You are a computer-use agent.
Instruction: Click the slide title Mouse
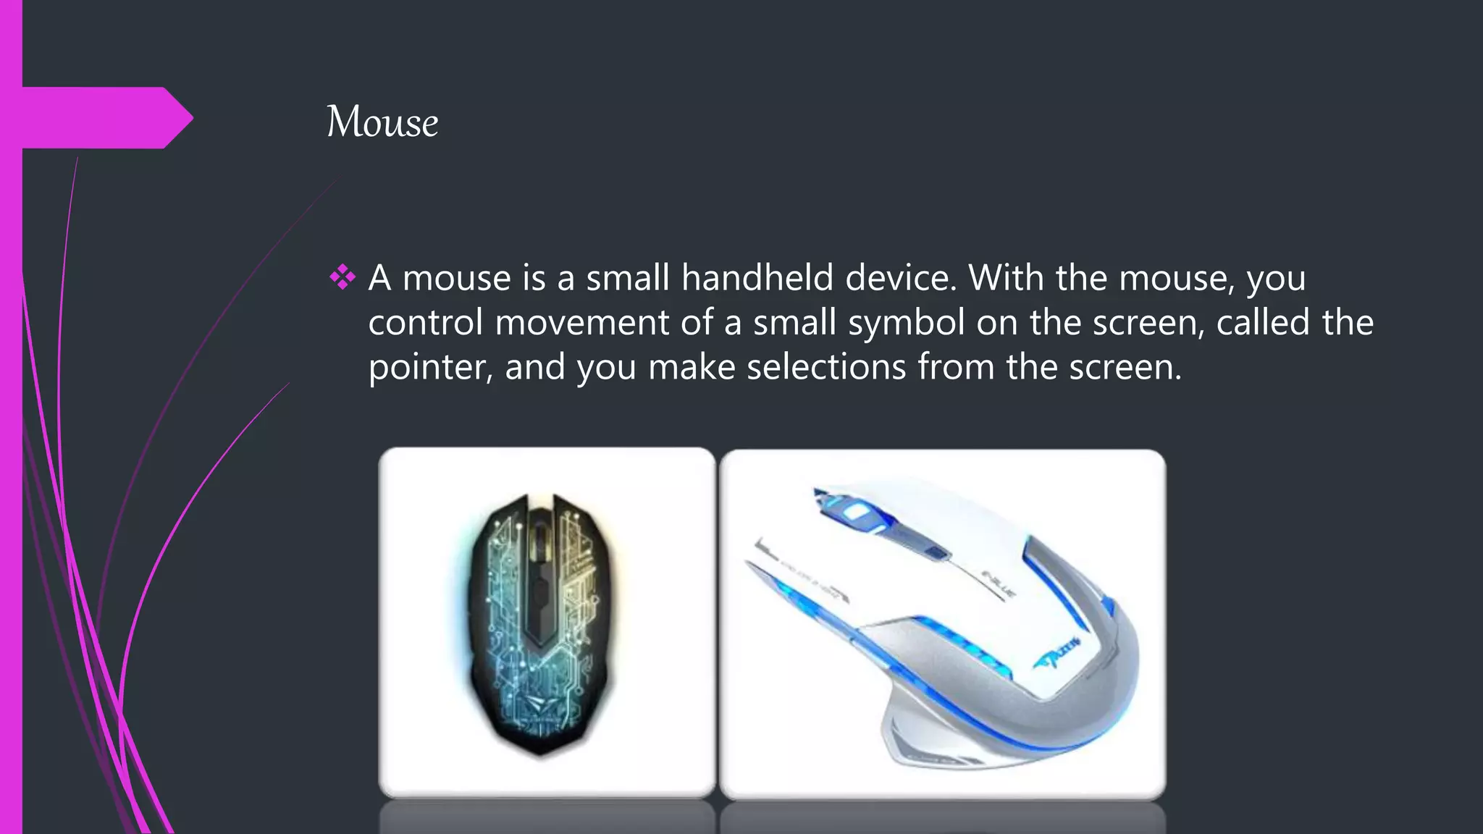(382, 122)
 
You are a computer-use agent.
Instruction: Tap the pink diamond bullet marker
(343, 277)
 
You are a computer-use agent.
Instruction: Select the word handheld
(757, 278)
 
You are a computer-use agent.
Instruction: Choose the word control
(425, 323)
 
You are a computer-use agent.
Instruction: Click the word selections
(826, 368)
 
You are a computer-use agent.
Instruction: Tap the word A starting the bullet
(379, 278)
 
